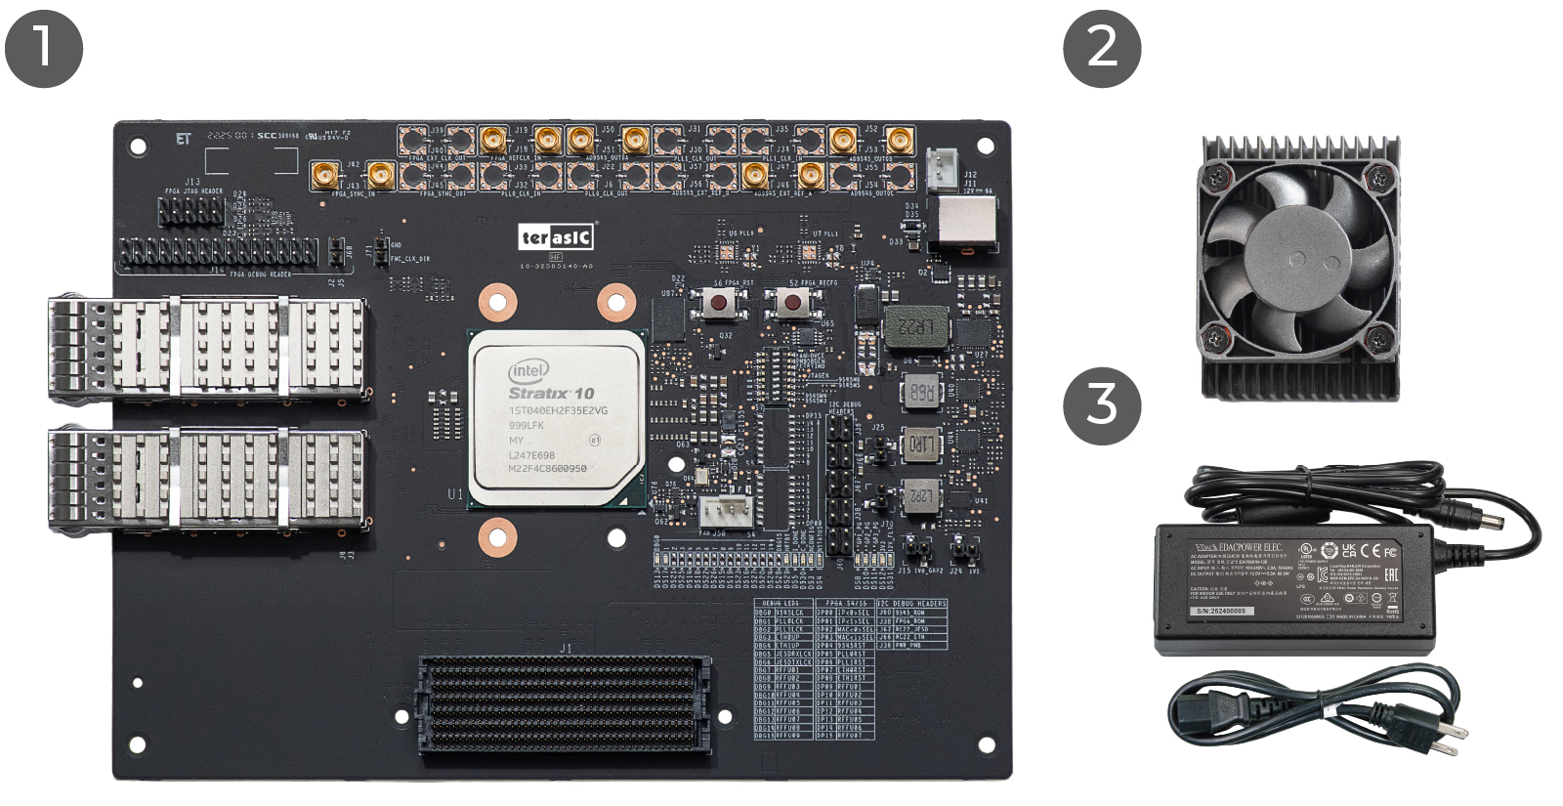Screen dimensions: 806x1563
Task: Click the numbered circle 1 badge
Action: (x=43, y=48)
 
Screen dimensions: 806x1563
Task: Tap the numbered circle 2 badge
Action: (x=1102, y=48)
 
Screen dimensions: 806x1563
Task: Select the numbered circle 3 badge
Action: (x=1102, y=405)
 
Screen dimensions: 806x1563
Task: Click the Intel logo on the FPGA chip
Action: (x=528, y=371)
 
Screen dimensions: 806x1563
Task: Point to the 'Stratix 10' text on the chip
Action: (x=551, y=393)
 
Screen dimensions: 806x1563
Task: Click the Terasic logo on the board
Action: (x=556, y=237)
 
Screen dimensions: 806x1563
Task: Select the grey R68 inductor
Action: (x=921, y=392)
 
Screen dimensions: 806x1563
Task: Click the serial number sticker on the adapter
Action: (x=1221, y=611)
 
